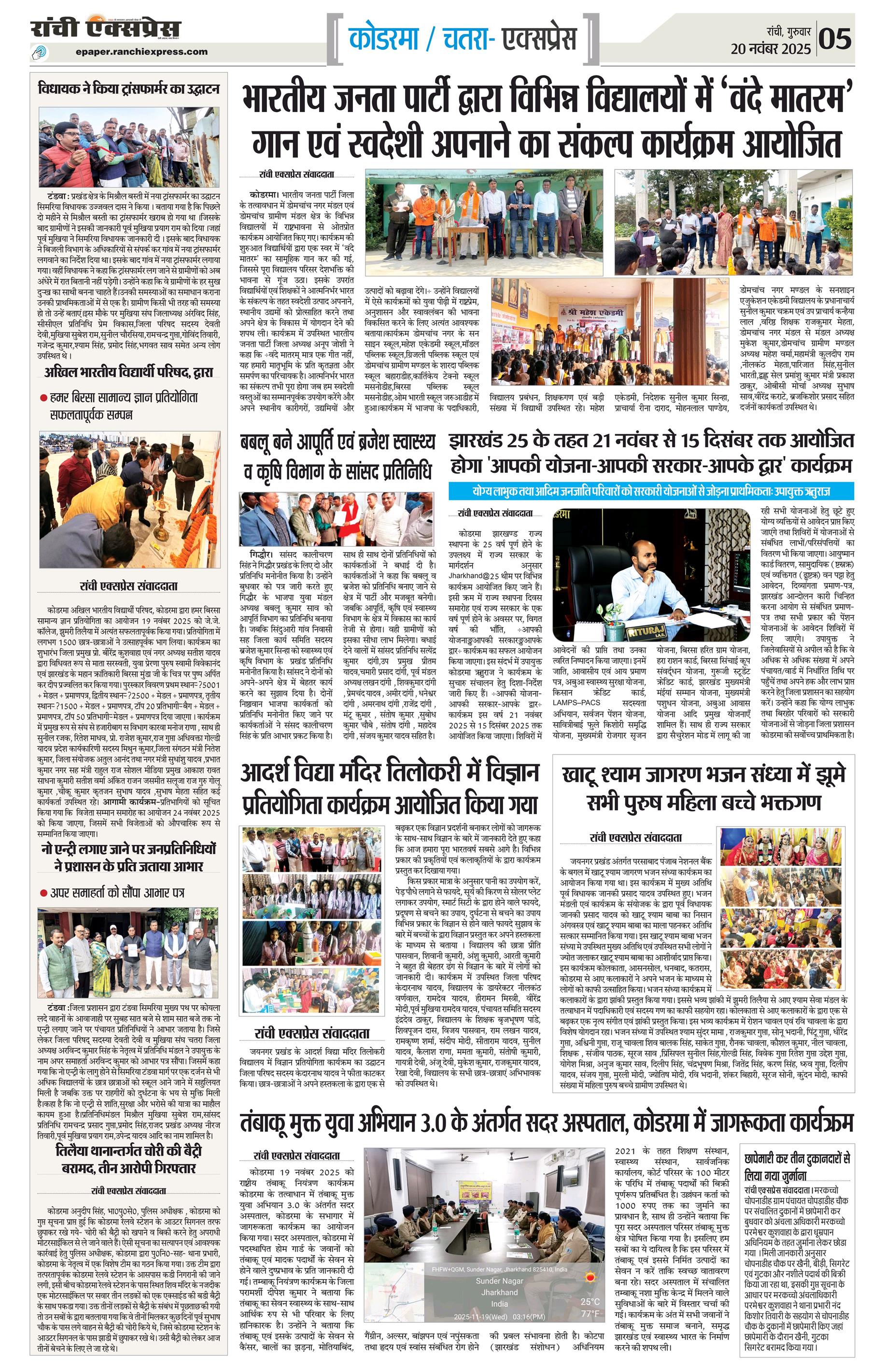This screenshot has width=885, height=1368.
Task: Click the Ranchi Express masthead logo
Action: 106,28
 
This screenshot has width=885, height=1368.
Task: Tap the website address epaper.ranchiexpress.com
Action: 141,52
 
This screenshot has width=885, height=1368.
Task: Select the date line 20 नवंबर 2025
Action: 771,48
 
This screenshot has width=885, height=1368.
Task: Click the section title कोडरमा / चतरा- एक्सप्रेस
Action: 463,39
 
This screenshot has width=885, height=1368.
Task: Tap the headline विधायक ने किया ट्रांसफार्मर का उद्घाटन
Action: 129,89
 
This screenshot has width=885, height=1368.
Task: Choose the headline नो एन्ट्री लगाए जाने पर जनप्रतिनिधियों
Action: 129,857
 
